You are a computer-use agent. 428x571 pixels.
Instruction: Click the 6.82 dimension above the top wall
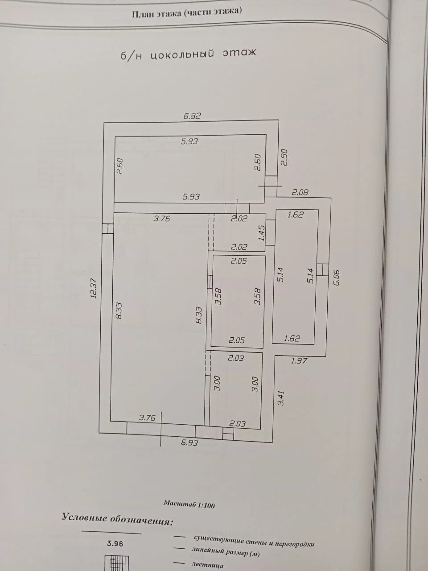pyautogui.click(x=192, y=116)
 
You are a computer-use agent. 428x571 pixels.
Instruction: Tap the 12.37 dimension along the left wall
pyautogui.click(x=93, y=288)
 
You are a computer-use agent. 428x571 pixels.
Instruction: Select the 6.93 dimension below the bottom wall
pyautogui.click(x=189, y=443)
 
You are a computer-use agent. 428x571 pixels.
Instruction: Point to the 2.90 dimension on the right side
pyautogui.click(x=284, y=157)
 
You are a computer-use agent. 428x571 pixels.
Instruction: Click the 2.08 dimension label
pyautogui.click(x=300, y=192)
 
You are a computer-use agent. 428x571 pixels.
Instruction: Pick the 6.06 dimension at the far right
pyautogui.click(x=336, y=278)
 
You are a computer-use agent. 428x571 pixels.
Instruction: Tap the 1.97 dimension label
pyautogui.click(x=299, y=360)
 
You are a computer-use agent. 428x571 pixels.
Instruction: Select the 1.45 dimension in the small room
pyautogui.click(x=262, y=233)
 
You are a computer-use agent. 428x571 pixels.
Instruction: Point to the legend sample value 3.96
pyautogui.click(x=115, y=543)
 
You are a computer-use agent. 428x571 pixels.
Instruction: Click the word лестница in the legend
pyautogui.click(x=207, y=565)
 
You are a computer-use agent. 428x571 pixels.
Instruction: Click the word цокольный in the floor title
pyautogui.click(x=182, y=54)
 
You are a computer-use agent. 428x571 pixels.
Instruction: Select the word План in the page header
pyautogui.click(x=143, y=14)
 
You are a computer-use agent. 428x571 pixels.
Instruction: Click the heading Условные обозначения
pyautogui.click(x=117, y=518)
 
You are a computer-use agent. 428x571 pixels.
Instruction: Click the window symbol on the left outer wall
pyautogui.click(x=107, y=229)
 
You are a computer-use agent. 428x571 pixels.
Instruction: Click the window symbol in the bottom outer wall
pyautogui.click(x=228, y=434)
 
